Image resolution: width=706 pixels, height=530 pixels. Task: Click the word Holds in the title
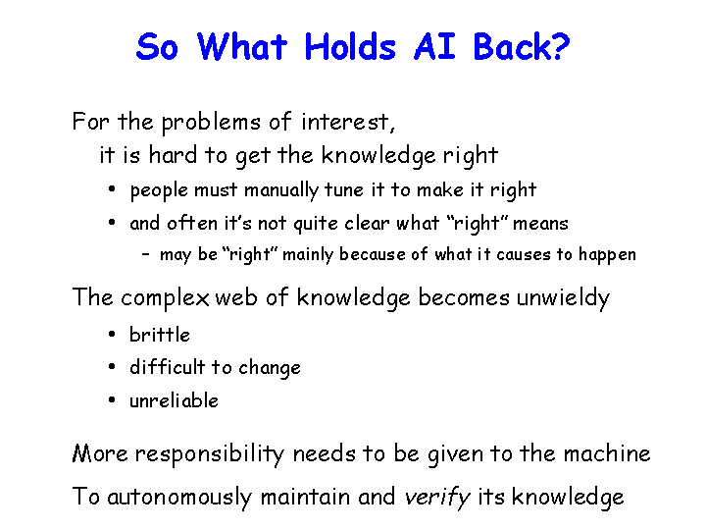point(350,46)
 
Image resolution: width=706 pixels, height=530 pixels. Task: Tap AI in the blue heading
point(434,46)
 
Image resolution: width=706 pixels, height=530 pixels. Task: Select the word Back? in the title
point(522,46)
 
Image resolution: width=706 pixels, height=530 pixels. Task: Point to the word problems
point(211,123)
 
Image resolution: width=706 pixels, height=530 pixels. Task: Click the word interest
point(348,122)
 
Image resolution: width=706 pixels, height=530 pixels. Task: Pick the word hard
point(173,155)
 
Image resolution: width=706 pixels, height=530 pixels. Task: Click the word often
point(192,223)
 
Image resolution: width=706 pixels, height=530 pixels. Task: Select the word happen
point(607,255)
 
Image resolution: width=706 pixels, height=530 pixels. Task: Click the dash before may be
point(145,254)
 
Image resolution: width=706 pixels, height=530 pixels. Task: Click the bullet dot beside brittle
point(112,334)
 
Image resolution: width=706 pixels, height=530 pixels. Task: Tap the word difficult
point(168,367)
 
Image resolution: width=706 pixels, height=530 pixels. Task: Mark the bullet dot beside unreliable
point(112,399)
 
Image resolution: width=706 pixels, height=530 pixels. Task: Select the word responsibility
point(210,453)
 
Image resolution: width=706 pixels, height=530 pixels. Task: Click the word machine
point(607,453)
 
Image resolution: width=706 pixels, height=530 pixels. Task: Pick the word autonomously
point(180,497)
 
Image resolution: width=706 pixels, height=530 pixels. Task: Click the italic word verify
point(436,498)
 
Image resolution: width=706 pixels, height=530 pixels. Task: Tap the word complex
point(165,298)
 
